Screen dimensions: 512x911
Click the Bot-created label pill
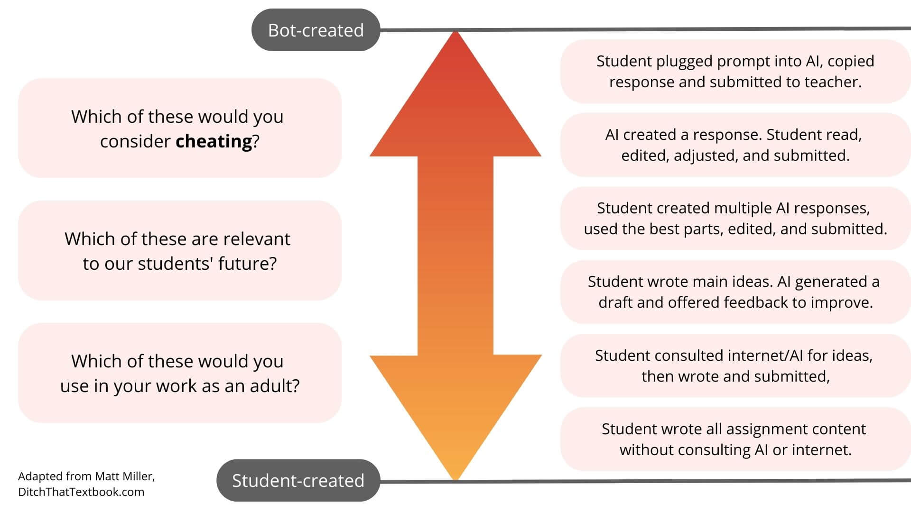316,30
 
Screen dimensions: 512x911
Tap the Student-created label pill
298,480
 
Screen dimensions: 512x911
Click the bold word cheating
214,141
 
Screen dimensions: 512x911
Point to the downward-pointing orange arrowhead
455,412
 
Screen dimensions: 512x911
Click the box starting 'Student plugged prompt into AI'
735,72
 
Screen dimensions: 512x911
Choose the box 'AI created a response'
735,145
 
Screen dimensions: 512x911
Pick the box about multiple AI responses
735,219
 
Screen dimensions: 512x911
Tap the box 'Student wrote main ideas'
735,292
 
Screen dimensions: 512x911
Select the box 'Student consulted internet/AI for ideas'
735,366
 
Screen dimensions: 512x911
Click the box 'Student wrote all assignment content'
735,439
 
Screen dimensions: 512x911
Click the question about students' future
179,251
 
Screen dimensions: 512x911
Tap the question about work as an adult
179,373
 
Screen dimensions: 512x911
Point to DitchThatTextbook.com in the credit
81,492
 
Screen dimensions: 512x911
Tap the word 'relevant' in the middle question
256,239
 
